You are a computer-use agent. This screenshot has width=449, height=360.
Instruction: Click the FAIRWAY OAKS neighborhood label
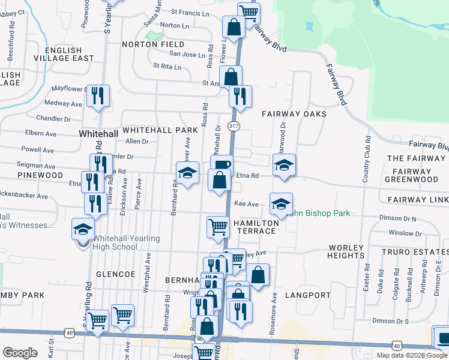pos(294,114)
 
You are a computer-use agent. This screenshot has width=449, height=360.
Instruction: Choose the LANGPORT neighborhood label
pos(308,295)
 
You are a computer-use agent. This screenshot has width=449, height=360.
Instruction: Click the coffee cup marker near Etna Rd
pos(221,165)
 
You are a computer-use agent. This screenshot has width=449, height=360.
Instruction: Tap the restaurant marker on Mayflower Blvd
pos(98,95)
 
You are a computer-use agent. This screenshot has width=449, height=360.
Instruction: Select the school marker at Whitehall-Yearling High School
pos(83,229)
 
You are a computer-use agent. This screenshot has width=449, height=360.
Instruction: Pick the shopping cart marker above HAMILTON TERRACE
pos(218,227)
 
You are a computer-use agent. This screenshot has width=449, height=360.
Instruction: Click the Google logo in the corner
pos(20,353)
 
